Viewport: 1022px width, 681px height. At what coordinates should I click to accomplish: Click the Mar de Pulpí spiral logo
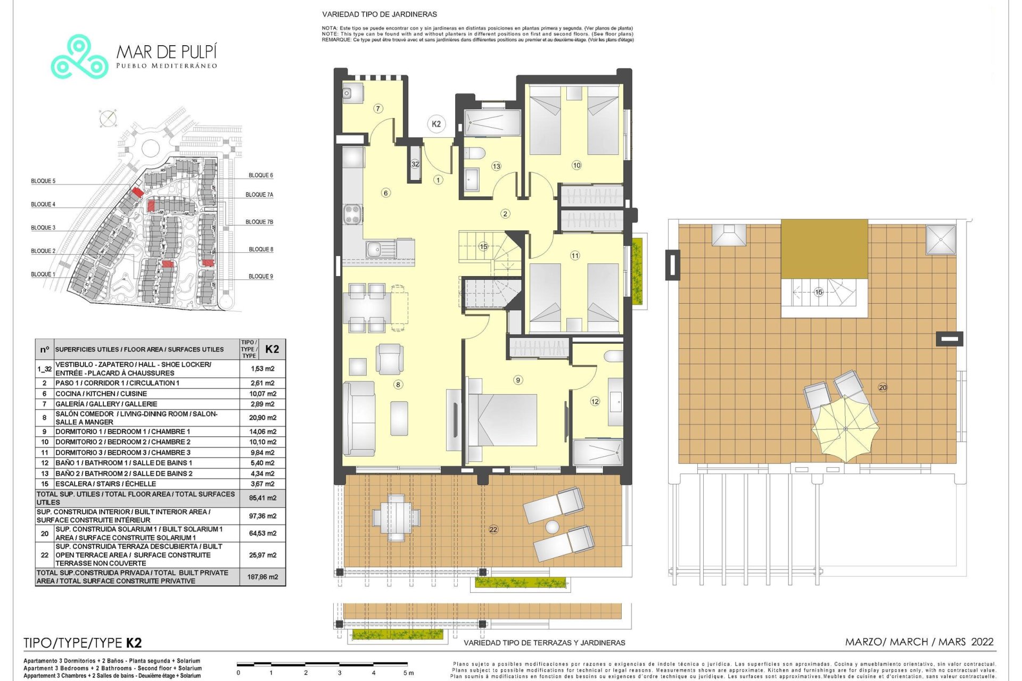pos(79,57)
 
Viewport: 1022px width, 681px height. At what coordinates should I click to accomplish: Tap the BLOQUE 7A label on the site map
pos(259,195)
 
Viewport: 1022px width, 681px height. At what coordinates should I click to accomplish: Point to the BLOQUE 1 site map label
pos(43,275)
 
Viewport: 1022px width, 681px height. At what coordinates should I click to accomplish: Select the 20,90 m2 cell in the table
pos(263,418)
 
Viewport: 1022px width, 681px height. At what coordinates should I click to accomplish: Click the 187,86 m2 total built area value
pos(263,577)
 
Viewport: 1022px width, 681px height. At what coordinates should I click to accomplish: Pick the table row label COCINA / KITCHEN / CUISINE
pos(101,394)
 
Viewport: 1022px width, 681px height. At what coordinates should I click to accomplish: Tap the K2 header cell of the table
pos(272,349)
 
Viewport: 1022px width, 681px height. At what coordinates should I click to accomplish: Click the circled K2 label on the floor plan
pos(436,124)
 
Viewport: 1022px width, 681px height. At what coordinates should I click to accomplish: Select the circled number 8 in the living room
pos(398,385)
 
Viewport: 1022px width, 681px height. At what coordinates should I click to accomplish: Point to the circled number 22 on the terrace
pos(493,529)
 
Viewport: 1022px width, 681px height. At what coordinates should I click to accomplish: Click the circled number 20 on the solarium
pos(883,387)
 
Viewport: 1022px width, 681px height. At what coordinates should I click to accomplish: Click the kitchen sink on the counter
pos(375,248)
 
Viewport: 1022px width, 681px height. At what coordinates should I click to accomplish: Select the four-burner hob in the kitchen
pos(353,214)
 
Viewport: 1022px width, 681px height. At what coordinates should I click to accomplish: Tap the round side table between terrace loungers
pos(553,527)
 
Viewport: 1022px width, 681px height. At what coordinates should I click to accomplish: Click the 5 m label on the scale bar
pos(408,673)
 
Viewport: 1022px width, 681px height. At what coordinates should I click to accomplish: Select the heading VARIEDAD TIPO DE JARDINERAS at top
pos(380,14)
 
